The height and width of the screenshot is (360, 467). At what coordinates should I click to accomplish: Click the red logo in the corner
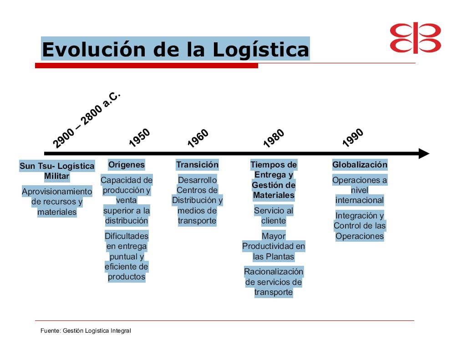click(415, 38)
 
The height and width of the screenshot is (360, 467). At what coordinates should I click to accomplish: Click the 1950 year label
click(140, 138)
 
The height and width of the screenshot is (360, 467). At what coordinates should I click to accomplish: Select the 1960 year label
click(198, 138)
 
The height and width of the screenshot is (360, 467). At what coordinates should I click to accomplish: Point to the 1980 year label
click(274, 138)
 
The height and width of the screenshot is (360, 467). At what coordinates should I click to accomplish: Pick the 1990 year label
click(353, 138)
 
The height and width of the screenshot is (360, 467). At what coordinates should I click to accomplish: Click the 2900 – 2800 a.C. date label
click(86, 120)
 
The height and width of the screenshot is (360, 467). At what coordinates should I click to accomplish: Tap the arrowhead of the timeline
click(424, 154)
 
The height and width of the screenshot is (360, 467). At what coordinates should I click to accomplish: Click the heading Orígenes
click(127, 165)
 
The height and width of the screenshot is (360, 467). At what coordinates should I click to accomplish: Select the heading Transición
click(197, 165)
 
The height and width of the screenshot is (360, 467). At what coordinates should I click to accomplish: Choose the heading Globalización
click(360, 165)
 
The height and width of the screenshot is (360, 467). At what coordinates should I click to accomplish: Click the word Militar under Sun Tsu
click(57, 176)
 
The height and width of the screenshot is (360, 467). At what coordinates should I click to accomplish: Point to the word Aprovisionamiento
click(57, 192)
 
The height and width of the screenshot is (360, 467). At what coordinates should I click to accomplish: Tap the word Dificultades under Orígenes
click(127, 236)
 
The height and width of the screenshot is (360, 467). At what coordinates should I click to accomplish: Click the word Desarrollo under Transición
click(197, 180)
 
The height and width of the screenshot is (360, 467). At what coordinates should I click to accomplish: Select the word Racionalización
click(274, 272)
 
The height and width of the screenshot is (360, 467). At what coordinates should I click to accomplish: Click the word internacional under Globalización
click(360, 200)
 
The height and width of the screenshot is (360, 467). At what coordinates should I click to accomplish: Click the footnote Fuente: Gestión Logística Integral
click(86, 331)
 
